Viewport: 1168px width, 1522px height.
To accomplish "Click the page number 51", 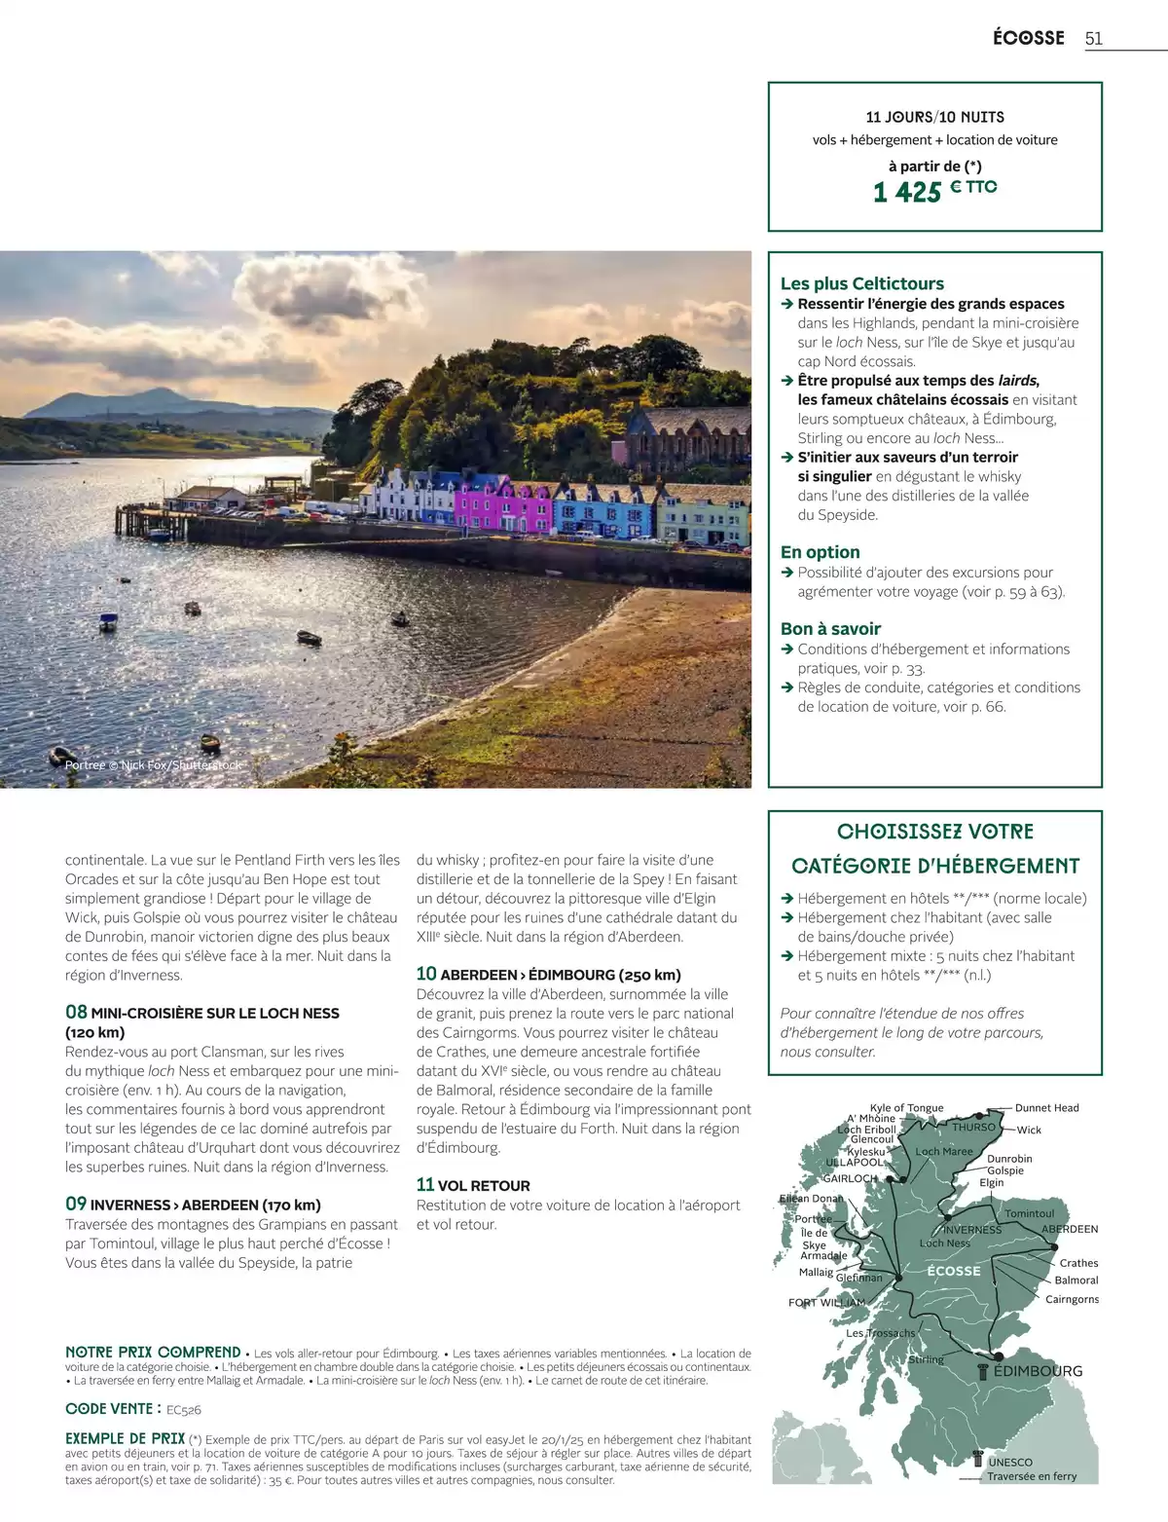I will point(1093,38).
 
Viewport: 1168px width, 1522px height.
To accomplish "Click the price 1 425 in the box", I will point(907,193).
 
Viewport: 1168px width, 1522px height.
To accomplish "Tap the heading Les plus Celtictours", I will point(861,283).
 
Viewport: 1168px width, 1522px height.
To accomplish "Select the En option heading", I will point(820,552).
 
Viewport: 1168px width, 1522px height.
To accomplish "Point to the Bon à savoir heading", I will point(830,629).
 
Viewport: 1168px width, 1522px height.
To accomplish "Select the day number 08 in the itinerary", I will point(76,1012).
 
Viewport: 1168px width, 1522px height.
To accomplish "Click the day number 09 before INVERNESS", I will point(76,1204).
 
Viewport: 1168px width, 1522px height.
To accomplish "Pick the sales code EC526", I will point(184,1409).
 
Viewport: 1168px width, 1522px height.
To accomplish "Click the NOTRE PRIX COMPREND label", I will point(153,1353).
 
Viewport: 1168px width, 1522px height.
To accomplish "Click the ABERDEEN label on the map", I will point(1070,1229).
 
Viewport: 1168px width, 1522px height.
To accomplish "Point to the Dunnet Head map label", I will point(1046,1108).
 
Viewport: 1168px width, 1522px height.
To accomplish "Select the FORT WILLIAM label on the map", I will point(826,1302).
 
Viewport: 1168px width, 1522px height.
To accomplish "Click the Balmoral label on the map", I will point(1076,1281).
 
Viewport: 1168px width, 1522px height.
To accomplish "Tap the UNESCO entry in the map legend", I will point(1010,1462).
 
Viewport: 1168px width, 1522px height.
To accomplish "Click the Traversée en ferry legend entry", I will point(1031,1476).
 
